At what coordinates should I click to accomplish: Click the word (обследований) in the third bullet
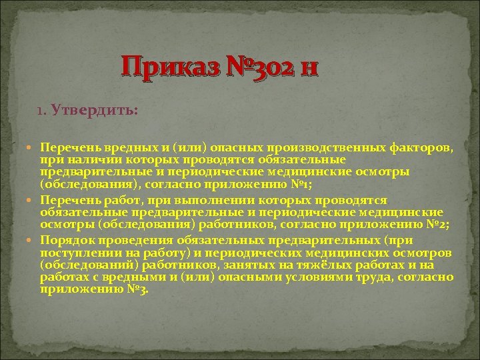(x=83, y=265)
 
